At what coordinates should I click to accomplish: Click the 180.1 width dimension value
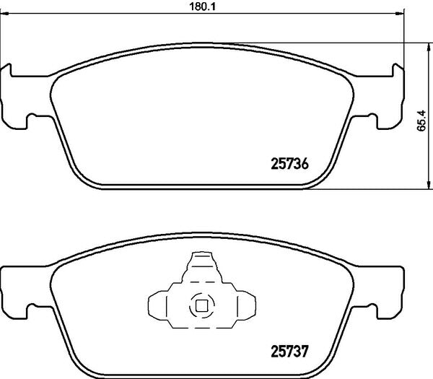202,6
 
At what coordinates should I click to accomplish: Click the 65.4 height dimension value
421,121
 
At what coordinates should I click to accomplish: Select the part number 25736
289,164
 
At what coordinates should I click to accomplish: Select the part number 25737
289,352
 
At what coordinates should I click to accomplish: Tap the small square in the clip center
201,306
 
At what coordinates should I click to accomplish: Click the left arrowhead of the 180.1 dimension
5,13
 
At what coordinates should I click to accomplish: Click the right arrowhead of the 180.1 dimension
400,13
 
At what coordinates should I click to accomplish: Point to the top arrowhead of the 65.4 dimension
429,47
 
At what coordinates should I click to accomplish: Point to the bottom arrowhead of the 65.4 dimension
429,185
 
